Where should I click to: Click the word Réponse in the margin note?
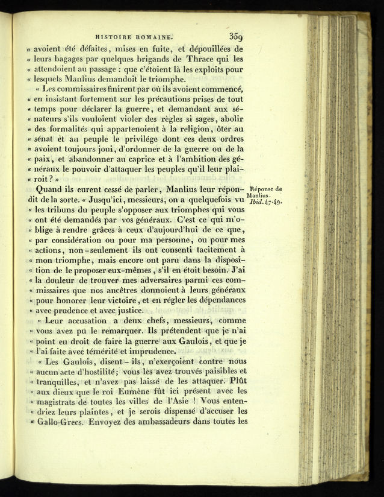tap(265, 189)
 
